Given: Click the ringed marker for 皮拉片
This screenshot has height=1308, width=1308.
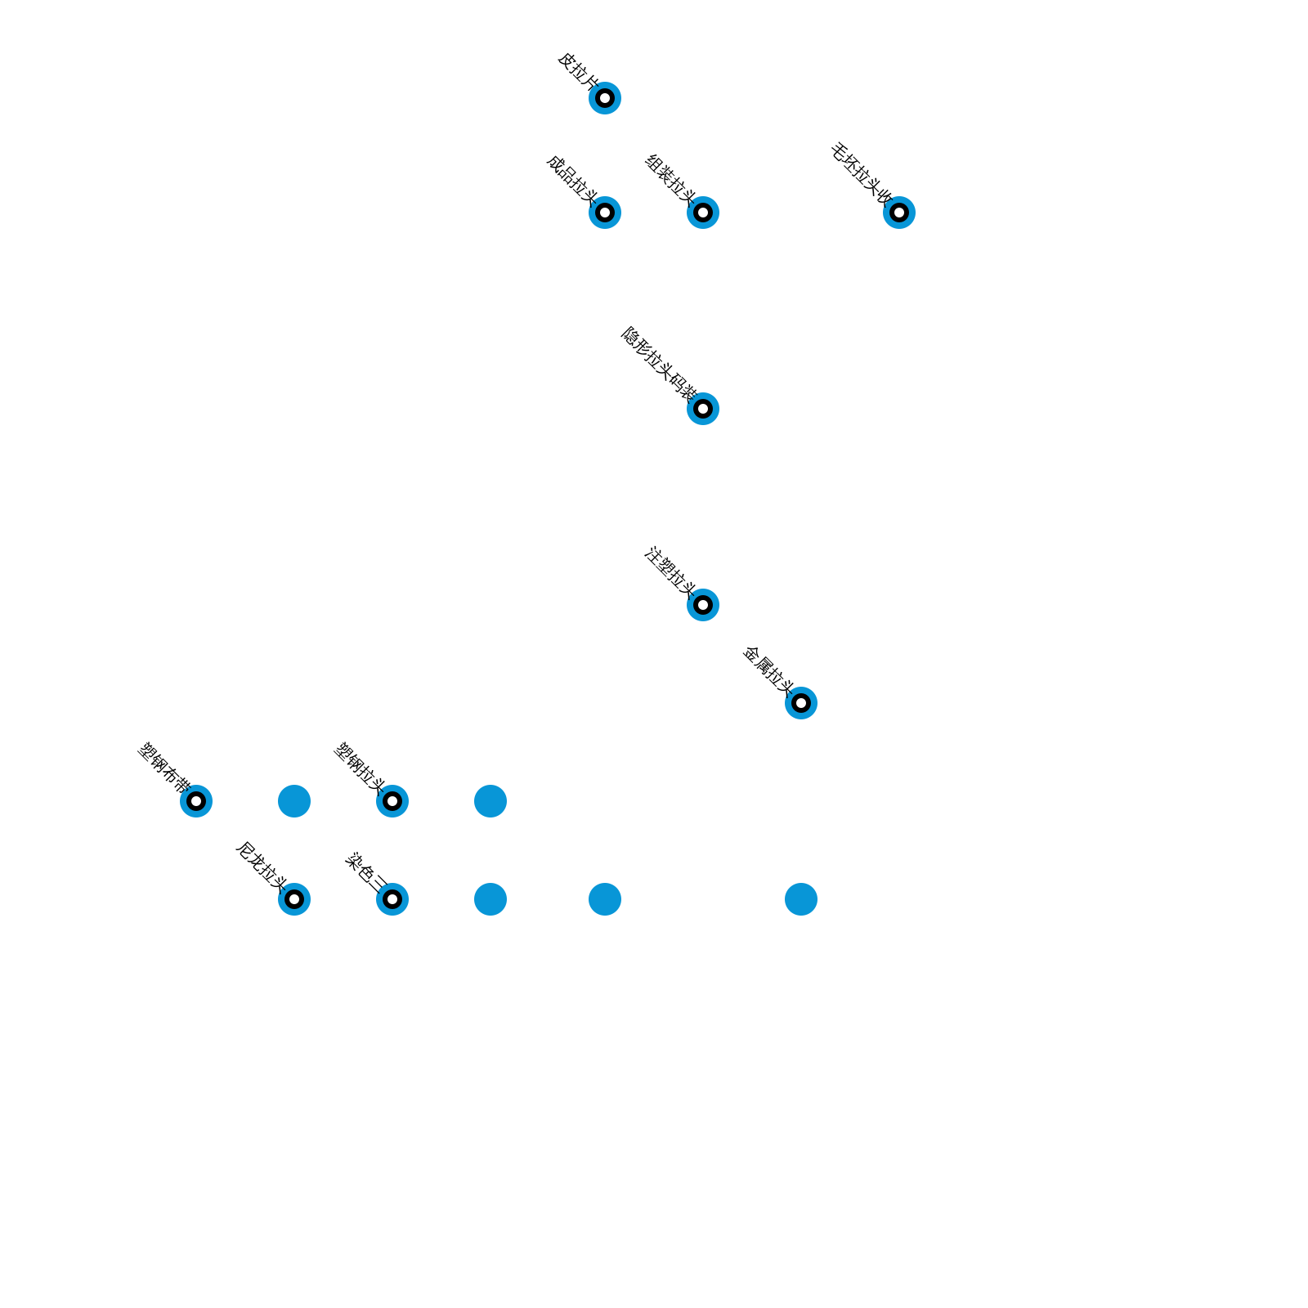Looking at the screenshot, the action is [x=605, y=98].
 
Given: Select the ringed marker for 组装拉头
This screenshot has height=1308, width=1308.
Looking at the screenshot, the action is [x=703, y=213].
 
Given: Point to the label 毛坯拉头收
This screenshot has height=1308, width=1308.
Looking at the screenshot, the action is [x=861, y=172].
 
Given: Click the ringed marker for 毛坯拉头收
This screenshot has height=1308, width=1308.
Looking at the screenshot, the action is [x=899, y=213].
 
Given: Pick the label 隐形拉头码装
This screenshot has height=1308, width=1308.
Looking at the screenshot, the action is [x=658, y=362].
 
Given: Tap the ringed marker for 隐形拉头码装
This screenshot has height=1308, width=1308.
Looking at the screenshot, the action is [x=703, y=409].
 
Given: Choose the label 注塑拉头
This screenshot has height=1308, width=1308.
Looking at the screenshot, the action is [x=670, y=570].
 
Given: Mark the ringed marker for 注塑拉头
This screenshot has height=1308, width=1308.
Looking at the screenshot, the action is [x=703, y=605].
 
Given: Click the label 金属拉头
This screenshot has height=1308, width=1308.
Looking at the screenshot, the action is [x=768, y=670].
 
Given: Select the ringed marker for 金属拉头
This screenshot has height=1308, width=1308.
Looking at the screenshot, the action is [x=801, y=703].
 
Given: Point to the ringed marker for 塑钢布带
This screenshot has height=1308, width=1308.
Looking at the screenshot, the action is [x=196, y=801].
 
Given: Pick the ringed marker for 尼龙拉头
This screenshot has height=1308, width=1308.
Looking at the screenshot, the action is [x=294, y=899].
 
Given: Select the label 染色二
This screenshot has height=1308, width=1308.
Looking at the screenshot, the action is [x=366, y=872].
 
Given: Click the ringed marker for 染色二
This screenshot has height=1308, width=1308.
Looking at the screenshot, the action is [x=392, y=899].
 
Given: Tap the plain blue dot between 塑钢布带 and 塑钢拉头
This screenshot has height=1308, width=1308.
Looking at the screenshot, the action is [x=294, y=801].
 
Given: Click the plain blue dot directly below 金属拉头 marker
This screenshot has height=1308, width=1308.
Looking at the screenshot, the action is [x=801, y=899].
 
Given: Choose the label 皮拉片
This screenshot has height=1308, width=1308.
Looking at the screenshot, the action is [x=578, y=69].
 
